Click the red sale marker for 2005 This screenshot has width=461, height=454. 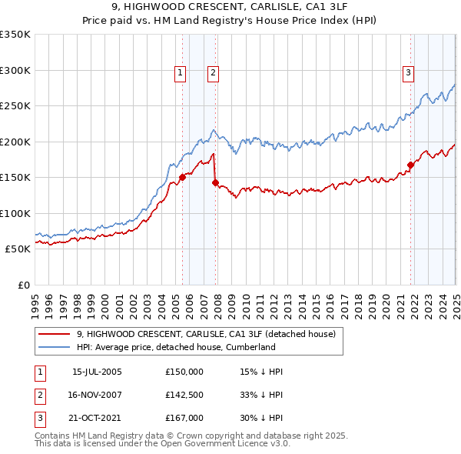pyautogui.click(x=183, y=177)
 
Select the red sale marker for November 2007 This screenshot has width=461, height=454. pyautogui.click(x=216, y=182)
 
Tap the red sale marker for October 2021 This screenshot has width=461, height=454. pyautogui.click(x=411, y=164)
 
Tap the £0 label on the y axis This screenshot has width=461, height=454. pyautogui.click(x=23, y=285)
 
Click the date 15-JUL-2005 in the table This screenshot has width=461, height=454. pyautogui.click(x=97, y=372)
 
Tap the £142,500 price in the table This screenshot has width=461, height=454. pyautogui.click(x=184, y=395)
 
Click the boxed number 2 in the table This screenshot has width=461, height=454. pyautogui.click(x=39, y=395)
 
